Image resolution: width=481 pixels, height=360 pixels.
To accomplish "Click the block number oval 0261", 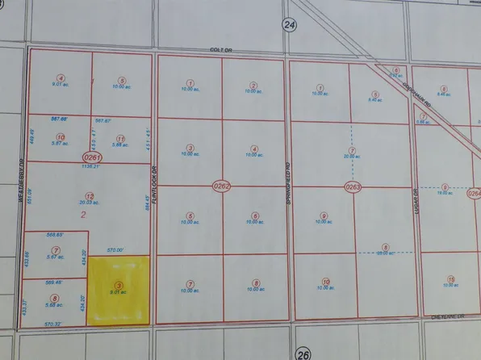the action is [x=92, y=156].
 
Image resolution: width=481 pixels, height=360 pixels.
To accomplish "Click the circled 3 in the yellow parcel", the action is [x=119, y=285].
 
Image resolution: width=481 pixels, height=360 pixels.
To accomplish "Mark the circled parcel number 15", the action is [x=450, y=278].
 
